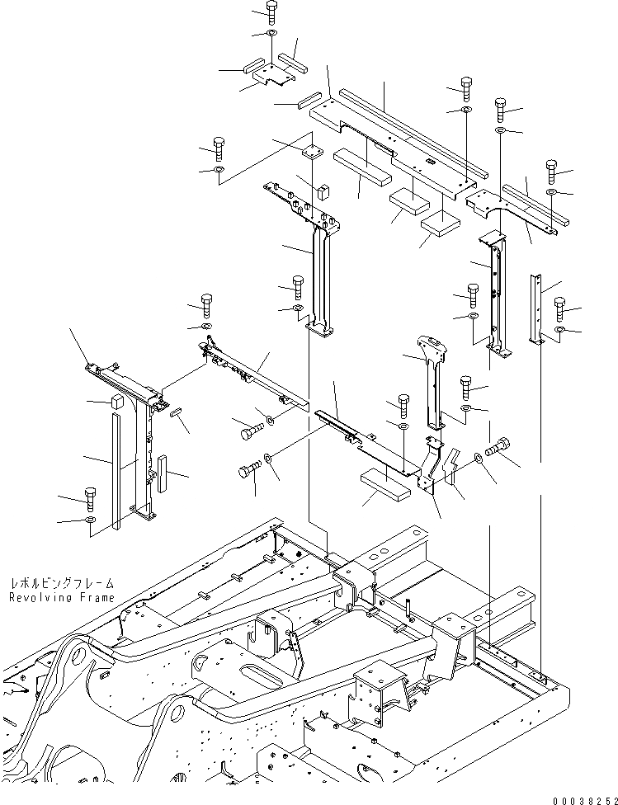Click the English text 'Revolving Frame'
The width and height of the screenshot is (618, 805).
point(63,597)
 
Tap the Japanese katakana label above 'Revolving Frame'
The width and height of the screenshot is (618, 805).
point(63,583)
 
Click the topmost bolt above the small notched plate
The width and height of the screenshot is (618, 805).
point(271,11)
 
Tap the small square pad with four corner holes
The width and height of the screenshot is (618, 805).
point(311,152)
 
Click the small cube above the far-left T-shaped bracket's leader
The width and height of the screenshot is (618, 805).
point(116,402)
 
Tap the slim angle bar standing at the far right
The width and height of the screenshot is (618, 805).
point(535,309)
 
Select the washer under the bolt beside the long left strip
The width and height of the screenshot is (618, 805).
point(90,520)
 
